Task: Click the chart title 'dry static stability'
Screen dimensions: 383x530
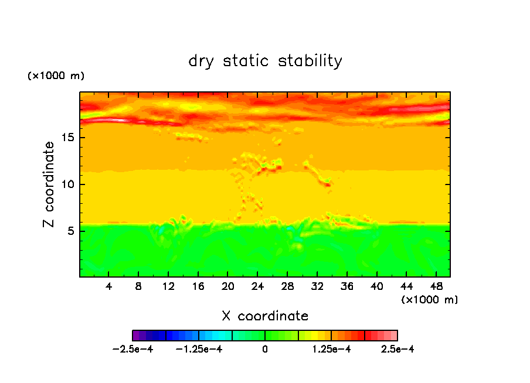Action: tap(265, 61)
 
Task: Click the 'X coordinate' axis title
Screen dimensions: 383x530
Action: tap(265, 316)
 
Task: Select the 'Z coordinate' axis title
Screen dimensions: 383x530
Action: tap(49, 184)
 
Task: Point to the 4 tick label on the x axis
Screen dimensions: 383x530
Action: tap(109, 286)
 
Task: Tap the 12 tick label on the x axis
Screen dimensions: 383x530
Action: tap(168, 286)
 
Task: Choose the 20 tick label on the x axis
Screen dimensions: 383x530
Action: tap(228, 286)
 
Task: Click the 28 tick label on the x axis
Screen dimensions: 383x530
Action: tap(287, 286)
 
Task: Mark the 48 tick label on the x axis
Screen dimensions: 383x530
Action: tap(436, 286)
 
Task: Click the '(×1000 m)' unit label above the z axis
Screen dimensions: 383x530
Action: tap(56, 76)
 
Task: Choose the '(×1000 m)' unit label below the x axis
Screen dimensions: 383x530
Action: tap(430, 299)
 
